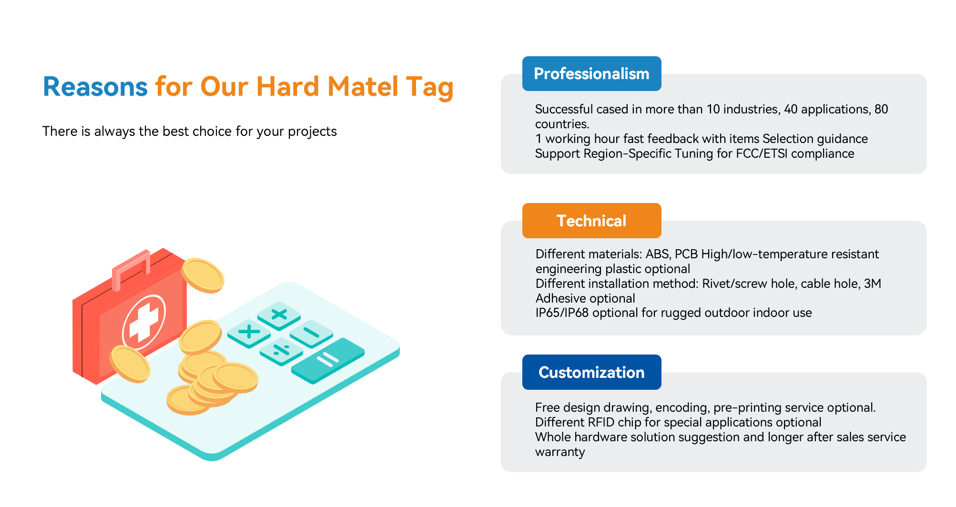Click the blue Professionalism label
tap(591, 73)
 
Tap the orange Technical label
tap(591, 221)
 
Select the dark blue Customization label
tap(591, 372)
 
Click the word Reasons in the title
tap(95, 87)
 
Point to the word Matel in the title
tap(363, 87)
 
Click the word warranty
tap(560, 452)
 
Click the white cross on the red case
tap(143, 323)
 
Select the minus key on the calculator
tap(311, 332)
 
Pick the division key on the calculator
tap(282, 351)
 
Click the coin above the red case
tap(203, 275)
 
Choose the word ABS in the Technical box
tap(658, 254)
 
